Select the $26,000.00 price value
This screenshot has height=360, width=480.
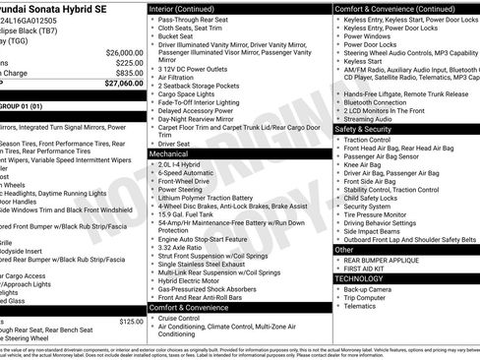[123, 52]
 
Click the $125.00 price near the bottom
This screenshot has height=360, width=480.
[130, 321]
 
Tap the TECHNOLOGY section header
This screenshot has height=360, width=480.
[360, 278]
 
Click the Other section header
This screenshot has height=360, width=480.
[344, 250]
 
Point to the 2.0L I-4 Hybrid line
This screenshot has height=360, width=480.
[185, 163]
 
